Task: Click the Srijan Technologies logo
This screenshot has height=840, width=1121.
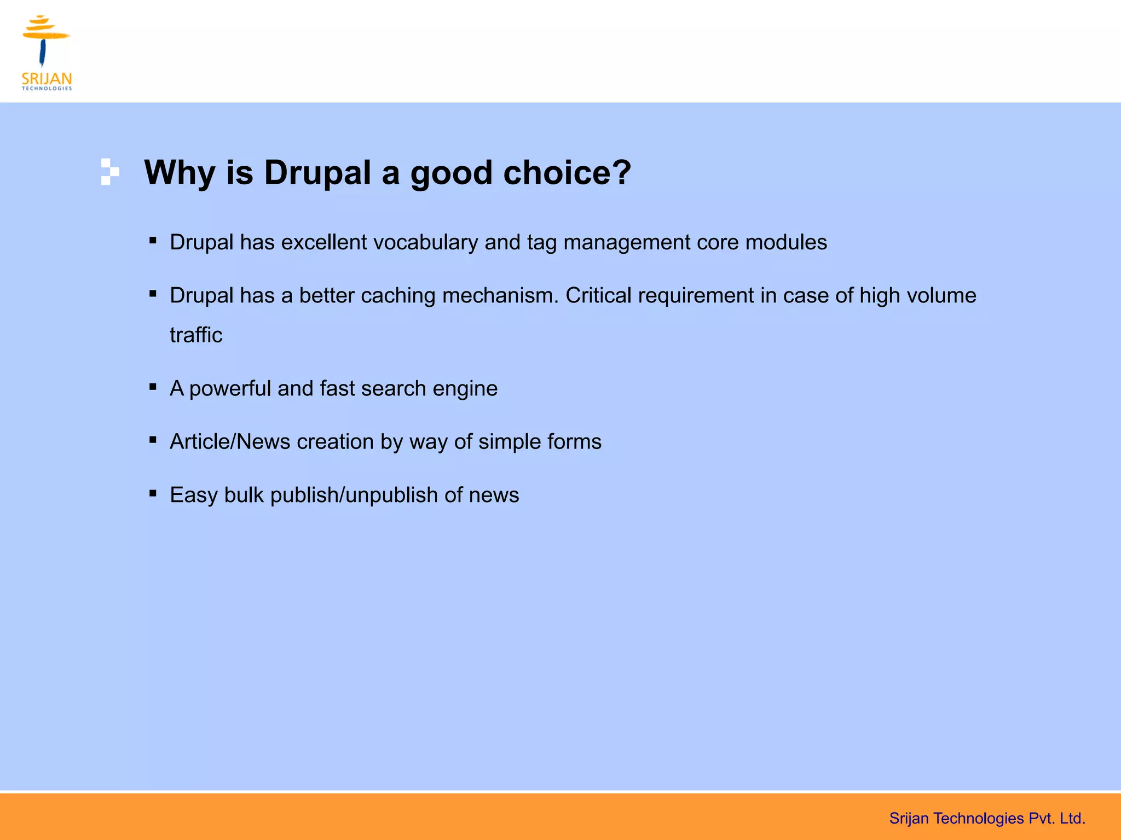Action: [47, 52]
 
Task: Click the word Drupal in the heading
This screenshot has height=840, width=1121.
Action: [317, 173]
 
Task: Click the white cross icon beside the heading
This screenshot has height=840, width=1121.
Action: [109, 172]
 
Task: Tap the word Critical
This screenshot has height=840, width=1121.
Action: [598, 295]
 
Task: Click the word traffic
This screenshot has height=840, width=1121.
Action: [196, 335]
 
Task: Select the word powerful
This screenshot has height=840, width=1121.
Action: [230, 389]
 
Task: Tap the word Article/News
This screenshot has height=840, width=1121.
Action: [230, 441]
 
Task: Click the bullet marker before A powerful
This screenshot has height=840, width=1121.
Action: [153, 387]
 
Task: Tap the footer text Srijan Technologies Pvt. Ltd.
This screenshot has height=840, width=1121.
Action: [987, 818]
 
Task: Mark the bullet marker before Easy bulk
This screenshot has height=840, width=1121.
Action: [153, 493]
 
